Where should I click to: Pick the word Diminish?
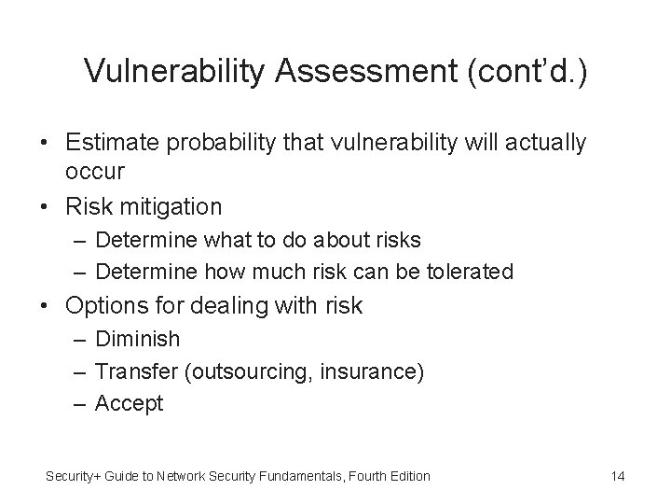[x=137, y=339]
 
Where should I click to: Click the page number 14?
[x=617, y=477]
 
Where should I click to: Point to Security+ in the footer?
[x=74, y=477]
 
